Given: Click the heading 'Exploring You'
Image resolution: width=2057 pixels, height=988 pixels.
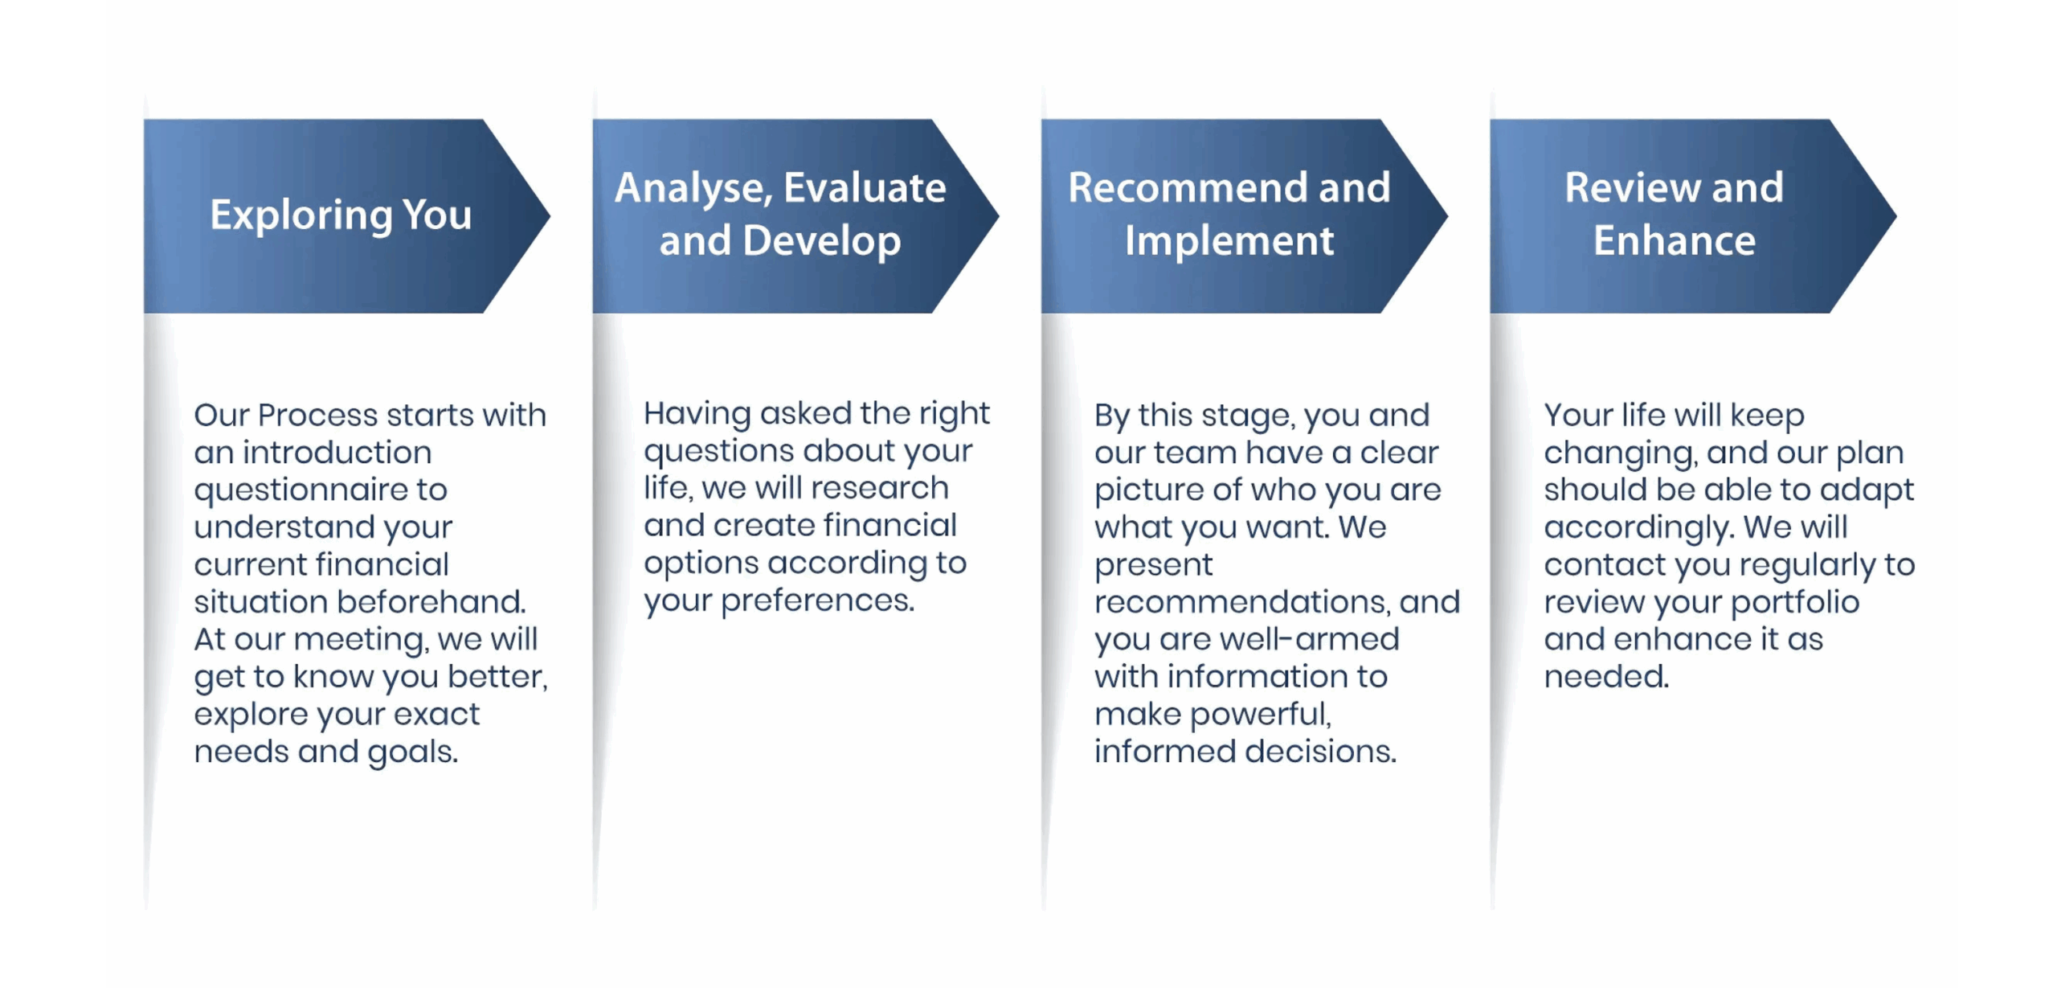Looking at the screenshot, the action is [341, 215].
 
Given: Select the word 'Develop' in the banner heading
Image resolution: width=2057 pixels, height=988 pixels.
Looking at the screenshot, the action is [822, 241].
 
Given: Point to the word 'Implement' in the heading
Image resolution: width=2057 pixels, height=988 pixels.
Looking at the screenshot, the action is [1229, 241].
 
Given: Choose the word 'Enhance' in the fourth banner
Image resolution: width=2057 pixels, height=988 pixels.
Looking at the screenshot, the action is [1675, 240].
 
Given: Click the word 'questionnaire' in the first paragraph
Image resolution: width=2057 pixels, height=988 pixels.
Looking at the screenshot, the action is [301, 490].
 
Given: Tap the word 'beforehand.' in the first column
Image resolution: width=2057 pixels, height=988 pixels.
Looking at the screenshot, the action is [431, 601].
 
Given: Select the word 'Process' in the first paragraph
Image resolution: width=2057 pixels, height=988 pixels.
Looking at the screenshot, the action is [317, 415].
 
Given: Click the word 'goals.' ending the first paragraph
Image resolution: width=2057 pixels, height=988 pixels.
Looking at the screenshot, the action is [413, 752].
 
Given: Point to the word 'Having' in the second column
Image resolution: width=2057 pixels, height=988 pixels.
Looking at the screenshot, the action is [697, 415].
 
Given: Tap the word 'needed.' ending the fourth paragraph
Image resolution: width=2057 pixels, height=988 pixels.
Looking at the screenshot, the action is [1606, 676].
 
